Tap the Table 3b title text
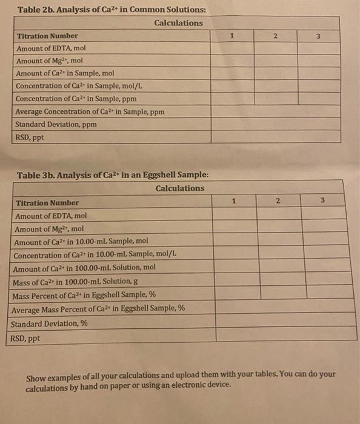[113, 175]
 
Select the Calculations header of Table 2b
[179, 23]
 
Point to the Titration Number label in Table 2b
[47, 36]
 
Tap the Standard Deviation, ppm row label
[56, 124]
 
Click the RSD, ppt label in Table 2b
[30, 137]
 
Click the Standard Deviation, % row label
[50, 323]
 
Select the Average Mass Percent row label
[98, 309]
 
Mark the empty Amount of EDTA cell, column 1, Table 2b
[233, 48]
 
